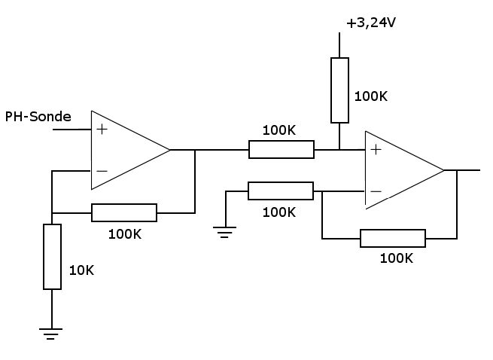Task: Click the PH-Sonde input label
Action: click(38, 117)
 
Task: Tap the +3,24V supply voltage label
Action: click(371, 23)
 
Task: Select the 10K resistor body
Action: click(52, 256)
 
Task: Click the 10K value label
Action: click(82, 269)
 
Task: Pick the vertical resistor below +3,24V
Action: click(340, 90)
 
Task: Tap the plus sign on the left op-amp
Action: click(102, 130)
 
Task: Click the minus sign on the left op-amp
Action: click(102, 171)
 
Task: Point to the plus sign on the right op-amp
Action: click(376, 149)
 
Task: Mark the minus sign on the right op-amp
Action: click(376, 191)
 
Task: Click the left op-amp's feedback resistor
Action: click(124, 213)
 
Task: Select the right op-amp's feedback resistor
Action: click(393, 239)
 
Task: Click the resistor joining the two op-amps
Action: click(281, 150)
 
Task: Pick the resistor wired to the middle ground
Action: click(281, 191)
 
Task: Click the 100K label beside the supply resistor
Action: click(371, 96)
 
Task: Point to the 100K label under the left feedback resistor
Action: click(124, 233)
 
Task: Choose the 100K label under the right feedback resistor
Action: click(397, 258)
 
